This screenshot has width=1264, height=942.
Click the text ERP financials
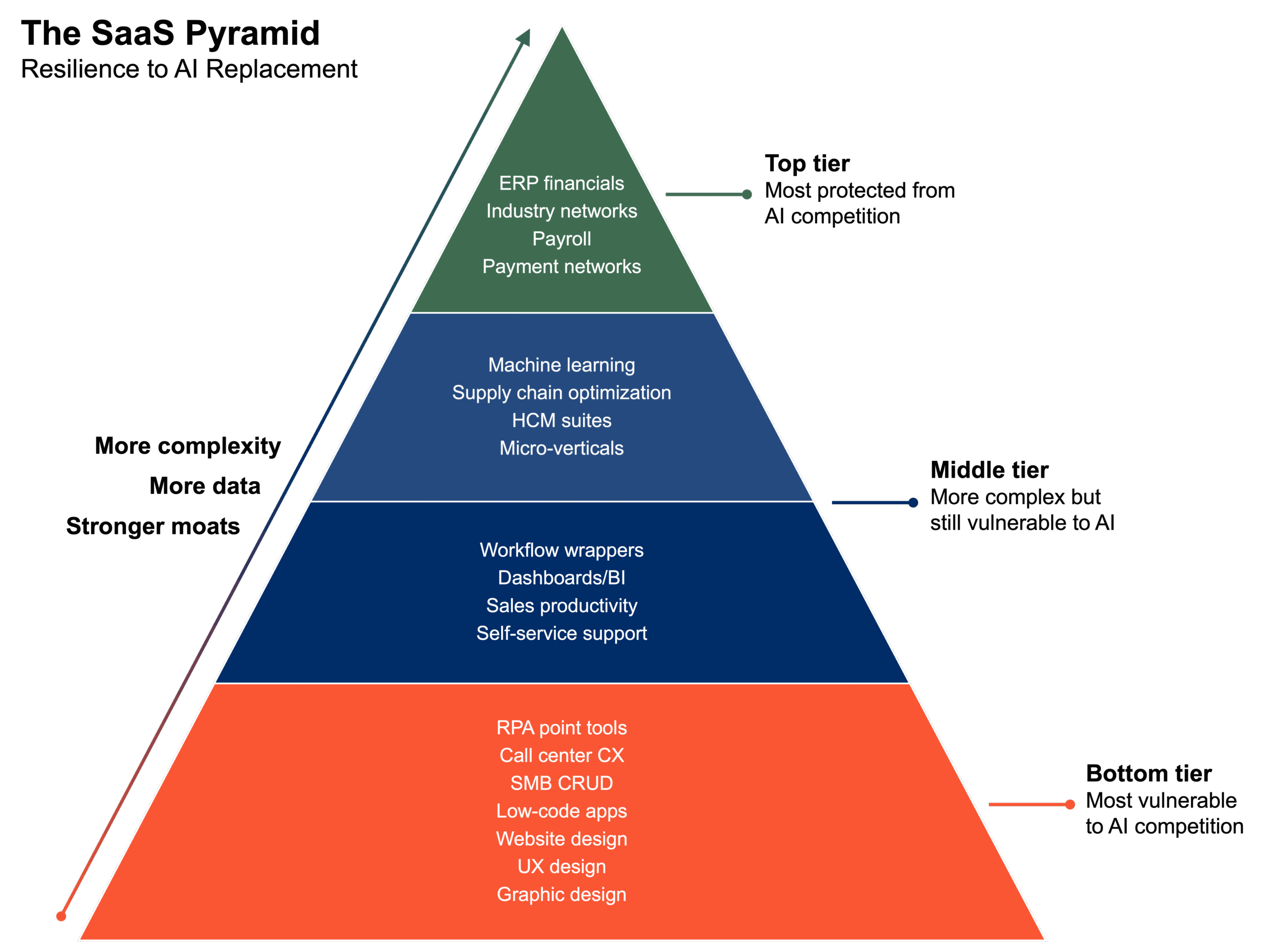pos(561,183)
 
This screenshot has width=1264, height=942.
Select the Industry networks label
pos(561,211)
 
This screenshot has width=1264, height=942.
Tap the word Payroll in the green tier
pos(561,238)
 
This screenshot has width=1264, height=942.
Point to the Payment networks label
pos(561,266)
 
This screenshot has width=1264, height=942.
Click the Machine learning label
pos(561,365)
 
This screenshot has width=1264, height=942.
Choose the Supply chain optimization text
pos(561,393)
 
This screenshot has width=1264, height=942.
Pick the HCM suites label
pos(561,420)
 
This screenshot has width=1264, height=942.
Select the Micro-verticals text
pos(561,448)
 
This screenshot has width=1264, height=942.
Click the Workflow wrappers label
pos(561,550)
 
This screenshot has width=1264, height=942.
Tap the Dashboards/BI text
pos(561,578)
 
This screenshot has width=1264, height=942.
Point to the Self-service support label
pos(561,634)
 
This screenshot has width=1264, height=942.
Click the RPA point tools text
pos(561,728)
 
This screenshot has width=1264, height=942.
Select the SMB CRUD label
pos(561,784)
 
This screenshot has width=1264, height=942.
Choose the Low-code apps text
pos(561,811)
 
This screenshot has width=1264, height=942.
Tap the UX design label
pos(561,867)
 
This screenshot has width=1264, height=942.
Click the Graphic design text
pos(561,895)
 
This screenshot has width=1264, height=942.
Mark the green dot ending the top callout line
pos(747,194)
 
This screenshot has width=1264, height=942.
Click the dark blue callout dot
pos(913,502)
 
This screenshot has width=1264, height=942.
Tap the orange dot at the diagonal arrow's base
pos(61,916)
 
